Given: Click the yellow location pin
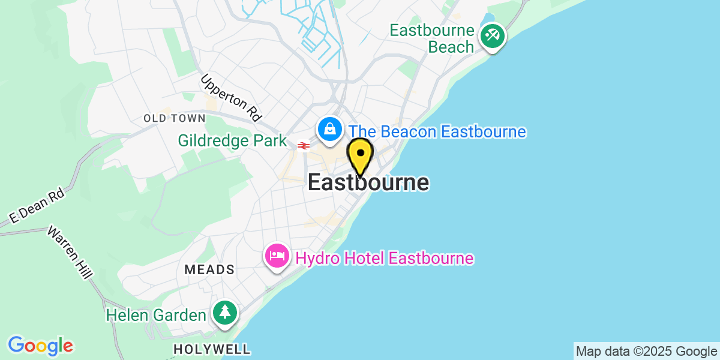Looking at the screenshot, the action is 360,155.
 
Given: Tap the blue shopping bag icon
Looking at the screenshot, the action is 329,129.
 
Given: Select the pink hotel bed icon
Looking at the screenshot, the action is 277,257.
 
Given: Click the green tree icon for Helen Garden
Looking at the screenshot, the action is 225,313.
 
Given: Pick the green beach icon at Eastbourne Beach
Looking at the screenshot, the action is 493,35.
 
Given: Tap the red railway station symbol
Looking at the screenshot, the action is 302,145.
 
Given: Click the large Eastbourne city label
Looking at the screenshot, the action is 368,183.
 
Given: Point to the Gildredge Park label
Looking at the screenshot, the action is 232,141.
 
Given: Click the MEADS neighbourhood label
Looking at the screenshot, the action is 209,269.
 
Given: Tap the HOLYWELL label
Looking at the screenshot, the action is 212,349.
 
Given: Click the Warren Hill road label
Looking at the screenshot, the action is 70,252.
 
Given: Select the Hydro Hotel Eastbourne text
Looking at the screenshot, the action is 384,259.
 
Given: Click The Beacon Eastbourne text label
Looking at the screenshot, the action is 437,131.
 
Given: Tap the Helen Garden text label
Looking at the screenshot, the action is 155,314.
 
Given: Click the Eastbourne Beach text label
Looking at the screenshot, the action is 432,38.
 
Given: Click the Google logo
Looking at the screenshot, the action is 40,346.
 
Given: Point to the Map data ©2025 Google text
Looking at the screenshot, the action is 646,351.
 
